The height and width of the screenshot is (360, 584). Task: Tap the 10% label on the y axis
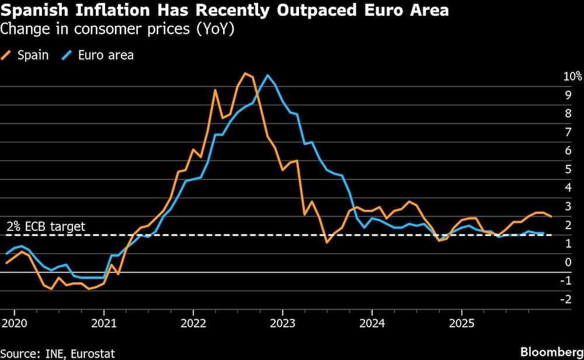(572, 76)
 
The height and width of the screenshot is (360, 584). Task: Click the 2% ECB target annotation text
(46, 227)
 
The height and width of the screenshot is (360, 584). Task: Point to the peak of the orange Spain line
(245, 73)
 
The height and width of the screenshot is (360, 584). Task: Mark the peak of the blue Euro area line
(267, 75)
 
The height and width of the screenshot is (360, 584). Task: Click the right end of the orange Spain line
(551, 216)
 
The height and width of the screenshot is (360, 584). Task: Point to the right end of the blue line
(544, 233)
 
